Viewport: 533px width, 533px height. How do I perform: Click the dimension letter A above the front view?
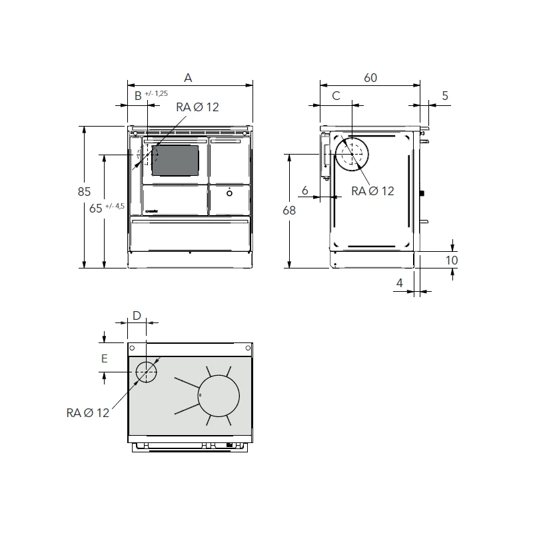(x=188, y=78)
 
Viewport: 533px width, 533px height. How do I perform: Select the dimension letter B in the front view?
(x=138, y=96)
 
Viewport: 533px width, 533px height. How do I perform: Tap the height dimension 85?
(x=83, y=192)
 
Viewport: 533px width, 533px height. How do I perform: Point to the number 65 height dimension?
(x=95, y=207)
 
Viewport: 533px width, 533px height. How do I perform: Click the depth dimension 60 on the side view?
(x=370, y=78)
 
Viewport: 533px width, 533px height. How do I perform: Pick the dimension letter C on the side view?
(x=336, y=96)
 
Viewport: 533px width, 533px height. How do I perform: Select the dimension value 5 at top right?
(x=445, y=96)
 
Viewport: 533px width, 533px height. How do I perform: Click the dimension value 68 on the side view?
(x=288, y=210)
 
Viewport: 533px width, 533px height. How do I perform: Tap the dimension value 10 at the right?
(x=452, y=260)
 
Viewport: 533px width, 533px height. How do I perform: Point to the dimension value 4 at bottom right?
(x=400, y=283)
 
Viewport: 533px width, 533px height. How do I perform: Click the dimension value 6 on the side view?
(x=304, y=191)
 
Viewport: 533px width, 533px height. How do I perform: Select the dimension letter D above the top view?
(x=137, y=315)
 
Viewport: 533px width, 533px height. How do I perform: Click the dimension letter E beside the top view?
(x=104, y=358)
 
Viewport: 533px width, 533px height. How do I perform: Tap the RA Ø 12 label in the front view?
(x=197, y=108)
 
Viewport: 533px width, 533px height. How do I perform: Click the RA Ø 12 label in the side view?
(x=372, y=191)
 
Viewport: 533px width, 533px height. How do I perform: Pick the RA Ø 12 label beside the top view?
(x=87, y=413)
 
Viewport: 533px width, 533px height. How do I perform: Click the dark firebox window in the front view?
(x=175, y=160)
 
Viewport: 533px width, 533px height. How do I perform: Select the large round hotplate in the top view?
(x=219, y=395)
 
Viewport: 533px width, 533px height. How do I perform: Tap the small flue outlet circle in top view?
(x=146, y=372)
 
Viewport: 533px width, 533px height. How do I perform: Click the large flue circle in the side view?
(x=351, y=156)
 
